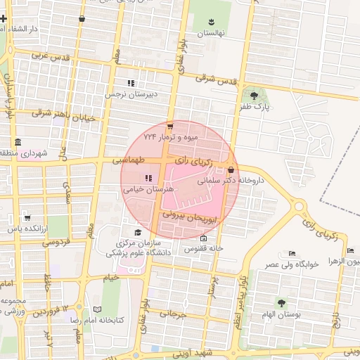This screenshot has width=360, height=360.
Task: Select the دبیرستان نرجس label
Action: (x=131, y=94)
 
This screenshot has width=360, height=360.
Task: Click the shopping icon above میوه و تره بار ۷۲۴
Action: (x=169, y=127)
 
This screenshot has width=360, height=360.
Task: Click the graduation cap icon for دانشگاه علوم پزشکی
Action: (x=138, y=232)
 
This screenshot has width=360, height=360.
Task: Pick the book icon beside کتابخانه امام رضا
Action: (x=97, y=309)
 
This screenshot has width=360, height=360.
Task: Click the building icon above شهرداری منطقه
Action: (x=17, y=141)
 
